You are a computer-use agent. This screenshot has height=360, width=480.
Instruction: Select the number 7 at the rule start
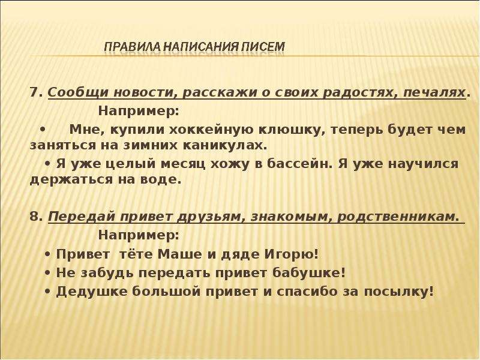pyautogui.click(x=34, y=92)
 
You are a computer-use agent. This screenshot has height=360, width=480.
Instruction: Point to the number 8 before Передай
pyautogui.click(x=34, y=217)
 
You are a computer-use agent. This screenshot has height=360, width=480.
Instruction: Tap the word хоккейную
pyautogui.click(x=211, y=130)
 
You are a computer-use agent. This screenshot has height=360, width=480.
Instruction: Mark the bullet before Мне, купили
pyautogui.click(x=43, y=130)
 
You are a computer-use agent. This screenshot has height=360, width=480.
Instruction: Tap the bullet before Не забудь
pyautogui.click(x=47, y=273)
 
